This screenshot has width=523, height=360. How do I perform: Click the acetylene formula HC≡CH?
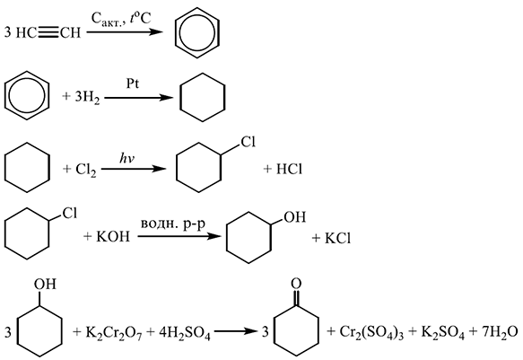pyautogui.click(x=48, y=32)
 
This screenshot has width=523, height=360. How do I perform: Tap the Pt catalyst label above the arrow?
pyautogui.click(x=133, y=83)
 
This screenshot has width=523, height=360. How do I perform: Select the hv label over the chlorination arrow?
pyautogui.click(x=127, y=158)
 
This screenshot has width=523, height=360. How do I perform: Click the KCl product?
pyautogui.click(x=337, y=238)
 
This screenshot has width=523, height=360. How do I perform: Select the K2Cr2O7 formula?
pyautogui.click(x=114, y=333)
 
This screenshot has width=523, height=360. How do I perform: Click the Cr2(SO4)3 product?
pyautogui.click(x=371, y=333)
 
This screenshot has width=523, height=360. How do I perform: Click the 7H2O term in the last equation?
pyautogui.click(x=499, y=333)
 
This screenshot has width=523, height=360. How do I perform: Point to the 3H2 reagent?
pyautogui.click(x=87, y=98)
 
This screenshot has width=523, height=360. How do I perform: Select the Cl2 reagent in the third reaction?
pyautogui.click(x=86, y=170)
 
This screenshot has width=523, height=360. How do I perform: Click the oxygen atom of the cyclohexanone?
pyautogui.click(x=296, y=284)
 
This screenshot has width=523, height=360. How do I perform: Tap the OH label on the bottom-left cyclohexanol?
pyautogui.click(x=45, y=284)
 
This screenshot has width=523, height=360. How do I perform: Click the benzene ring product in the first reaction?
pyautogui.click(x=196, y=32)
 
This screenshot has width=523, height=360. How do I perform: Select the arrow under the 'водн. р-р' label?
pyautogui.click(x=179, y=236)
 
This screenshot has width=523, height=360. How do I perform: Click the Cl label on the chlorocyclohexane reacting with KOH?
pyautogui.click(x=70, y=213)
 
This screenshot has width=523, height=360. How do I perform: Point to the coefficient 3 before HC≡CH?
pyautogui.click(x=8, y=32)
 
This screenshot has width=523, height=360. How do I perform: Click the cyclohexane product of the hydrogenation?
pyautogui.click(x=202, y=98)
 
